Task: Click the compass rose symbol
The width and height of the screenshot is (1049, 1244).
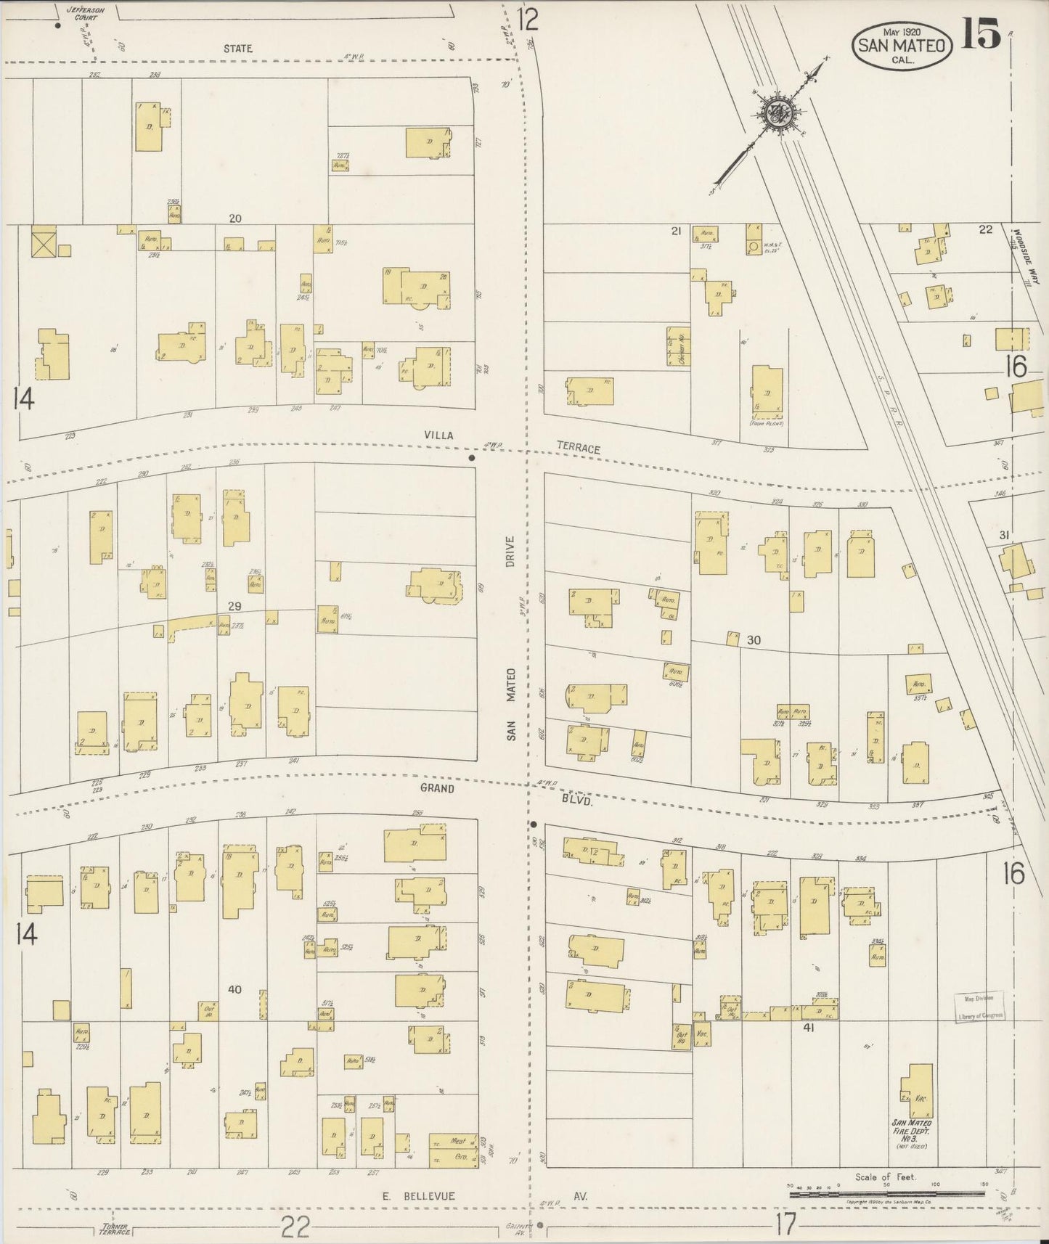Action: [780, 112]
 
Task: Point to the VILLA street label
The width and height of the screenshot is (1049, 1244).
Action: [439, 435]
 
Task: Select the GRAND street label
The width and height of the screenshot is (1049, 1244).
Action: [436, 787]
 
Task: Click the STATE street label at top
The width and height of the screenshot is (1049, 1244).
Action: [237, 49]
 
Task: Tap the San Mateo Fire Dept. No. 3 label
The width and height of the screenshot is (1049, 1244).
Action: [912, 1133]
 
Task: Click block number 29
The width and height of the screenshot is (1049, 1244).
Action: [234, 606]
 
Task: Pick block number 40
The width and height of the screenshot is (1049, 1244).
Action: [234, 989]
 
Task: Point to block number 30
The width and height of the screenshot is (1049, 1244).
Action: [754, 640]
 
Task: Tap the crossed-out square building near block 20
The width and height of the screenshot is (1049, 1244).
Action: [42, 241]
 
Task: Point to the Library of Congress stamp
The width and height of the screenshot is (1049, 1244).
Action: [979, 1007]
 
